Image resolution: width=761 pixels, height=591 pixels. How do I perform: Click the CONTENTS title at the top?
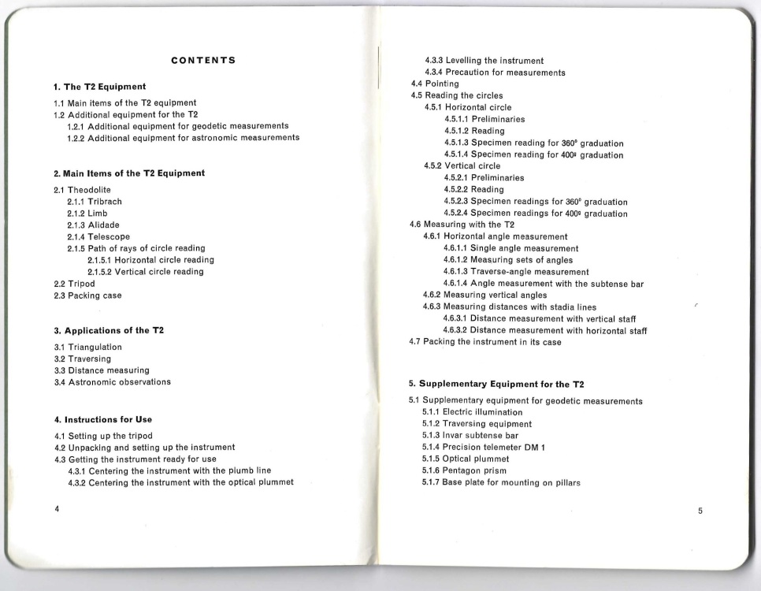204,60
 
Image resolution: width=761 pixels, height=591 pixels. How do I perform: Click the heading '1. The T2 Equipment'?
99,86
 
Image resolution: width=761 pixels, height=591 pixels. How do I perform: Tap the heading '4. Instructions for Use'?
102,419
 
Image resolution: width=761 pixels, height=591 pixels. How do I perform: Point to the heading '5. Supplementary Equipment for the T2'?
496,384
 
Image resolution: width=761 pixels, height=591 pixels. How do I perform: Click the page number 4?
57,508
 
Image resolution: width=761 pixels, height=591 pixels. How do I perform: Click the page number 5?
700,510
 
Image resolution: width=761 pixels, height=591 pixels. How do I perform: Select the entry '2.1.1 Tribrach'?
94,202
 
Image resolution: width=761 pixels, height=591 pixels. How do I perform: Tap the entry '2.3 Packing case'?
87,295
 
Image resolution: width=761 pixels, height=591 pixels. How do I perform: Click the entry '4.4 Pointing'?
435,84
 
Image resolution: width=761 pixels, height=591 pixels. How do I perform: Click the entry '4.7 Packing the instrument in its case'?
485,342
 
